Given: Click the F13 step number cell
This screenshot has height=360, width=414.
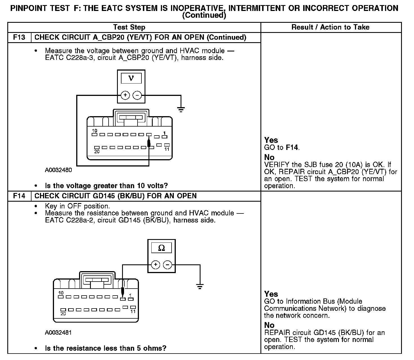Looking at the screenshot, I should click(19, 37).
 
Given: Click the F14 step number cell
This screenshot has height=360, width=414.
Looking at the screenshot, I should click(19, 196).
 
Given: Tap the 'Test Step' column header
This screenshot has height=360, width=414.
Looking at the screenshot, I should click(129, 27).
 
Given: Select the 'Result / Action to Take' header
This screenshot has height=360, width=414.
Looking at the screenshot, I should click(330, 27).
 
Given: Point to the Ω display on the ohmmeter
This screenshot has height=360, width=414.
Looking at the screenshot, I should click(161, 248).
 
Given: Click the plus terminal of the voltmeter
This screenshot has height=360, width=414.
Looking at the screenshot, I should click(125, 95).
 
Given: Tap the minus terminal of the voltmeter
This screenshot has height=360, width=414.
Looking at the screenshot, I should click(137, 95).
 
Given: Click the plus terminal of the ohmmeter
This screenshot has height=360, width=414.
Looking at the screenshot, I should click(156, 265).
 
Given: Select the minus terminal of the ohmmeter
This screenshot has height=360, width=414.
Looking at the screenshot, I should click(168, 265).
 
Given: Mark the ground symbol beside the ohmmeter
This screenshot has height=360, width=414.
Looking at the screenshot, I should click(200, 286).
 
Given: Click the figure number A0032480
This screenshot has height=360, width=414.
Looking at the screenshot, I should click(58, 170).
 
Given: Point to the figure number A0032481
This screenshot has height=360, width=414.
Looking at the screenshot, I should click(58, 333).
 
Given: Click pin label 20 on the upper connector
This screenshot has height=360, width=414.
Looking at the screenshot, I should click(97, 151).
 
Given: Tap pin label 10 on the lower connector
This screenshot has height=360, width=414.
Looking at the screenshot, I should click(61, 293).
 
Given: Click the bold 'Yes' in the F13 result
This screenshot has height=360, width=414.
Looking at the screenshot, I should click(271, 140).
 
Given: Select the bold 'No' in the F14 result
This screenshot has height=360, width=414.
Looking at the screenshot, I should click(269, 325).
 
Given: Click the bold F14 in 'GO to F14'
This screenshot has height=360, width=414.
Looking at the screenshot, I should click(292, 147).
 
